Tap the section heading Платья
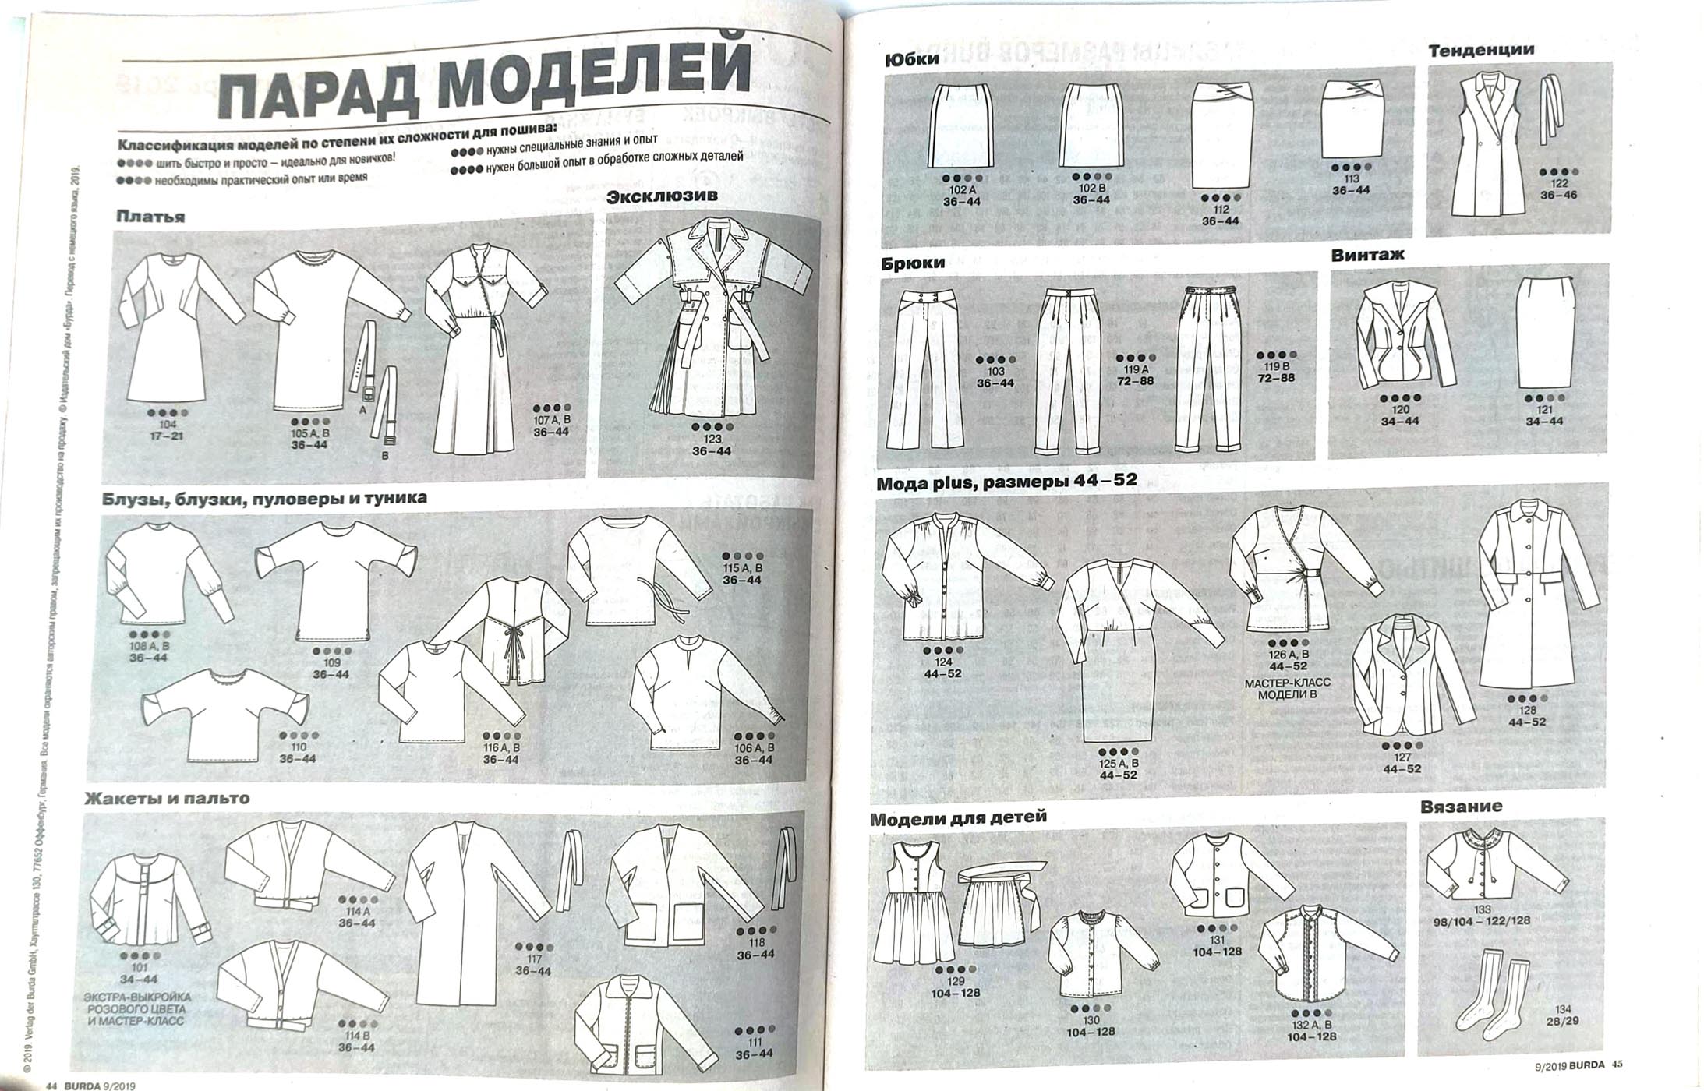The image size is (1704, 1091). (150, 217)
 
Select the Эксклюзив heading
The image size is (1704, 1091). (662, 196)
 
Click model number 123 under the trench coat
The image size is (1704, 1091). (712, 440)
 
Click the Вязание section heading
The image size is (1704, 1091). (1461, 807)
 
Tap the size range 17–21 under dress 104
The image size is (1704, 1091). (167, 436)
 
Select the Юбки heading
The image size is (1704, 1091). (912, 59)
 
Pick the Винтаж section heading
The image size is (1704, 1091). (1368, 255)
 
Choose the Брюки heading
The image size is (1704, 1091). (913, 263)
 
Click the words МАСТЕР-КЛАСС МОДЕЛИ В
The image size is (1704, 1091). (1288, 688)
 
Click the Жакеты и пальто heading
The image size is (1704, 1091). (167, 799)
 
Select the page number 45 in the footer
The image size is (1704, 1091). (1617, 1065)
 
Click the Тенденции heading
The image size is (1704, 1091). (1480, 50)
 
